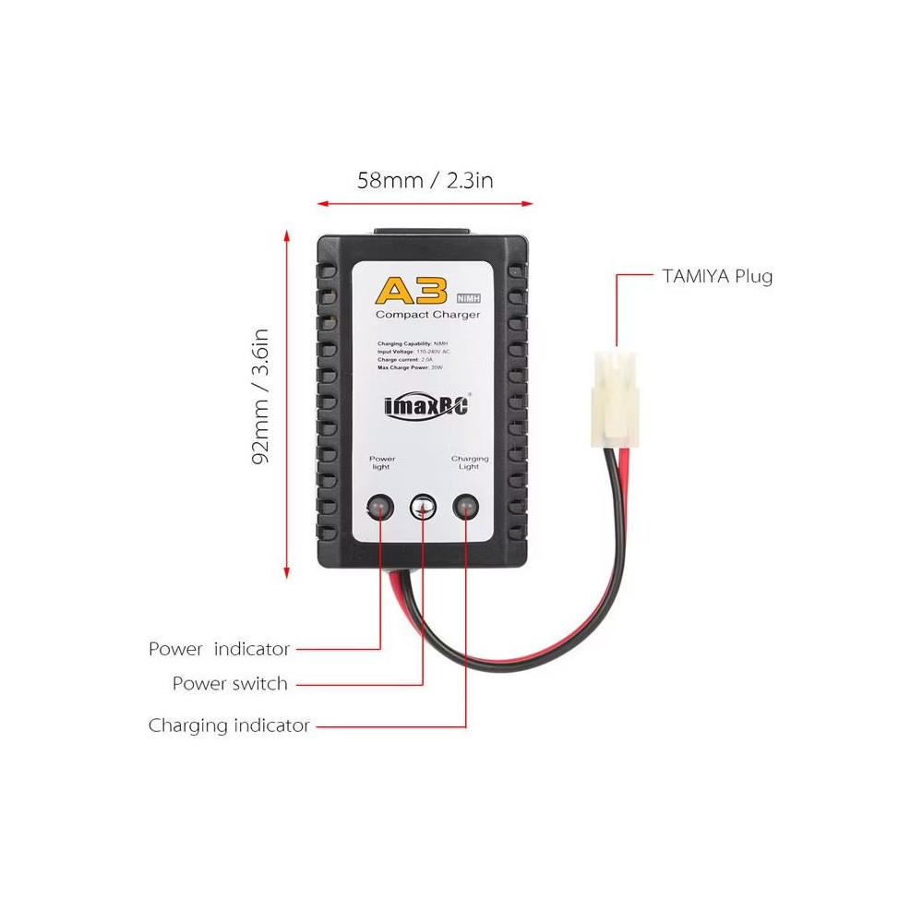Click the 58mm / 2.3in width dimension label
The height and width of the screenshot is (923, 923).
[425, 180]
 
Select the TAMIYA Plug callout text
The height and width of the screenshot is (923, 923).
[717, 276]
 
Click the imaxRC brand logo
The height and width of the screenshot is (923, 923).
[426, 407]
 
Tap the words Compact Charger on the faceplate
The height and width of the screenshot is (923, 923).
[427, 316]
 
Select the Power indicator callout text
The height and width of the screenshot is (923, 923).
[220, 649]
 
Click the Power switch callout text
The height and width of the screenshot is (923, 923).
[230, 684]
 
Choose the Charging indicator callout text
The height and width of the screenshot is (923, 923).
[229, 725]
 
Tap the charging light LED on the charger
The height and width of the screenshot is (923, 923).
[466, 507]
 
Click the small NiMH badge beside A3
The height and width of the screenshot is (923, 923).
[470, 296]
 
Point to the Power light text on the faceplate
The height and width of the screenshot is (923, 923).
[382, 462]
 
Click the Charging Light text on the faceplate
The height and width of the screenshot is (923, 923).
[470, 462]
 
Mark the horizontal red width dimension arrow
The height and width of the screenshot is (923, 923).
[425, 202]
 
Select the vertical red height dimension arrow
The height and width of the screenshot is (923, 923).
[288, 402]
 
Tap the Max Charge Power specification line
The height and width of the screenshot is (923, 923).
[412, 368]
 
